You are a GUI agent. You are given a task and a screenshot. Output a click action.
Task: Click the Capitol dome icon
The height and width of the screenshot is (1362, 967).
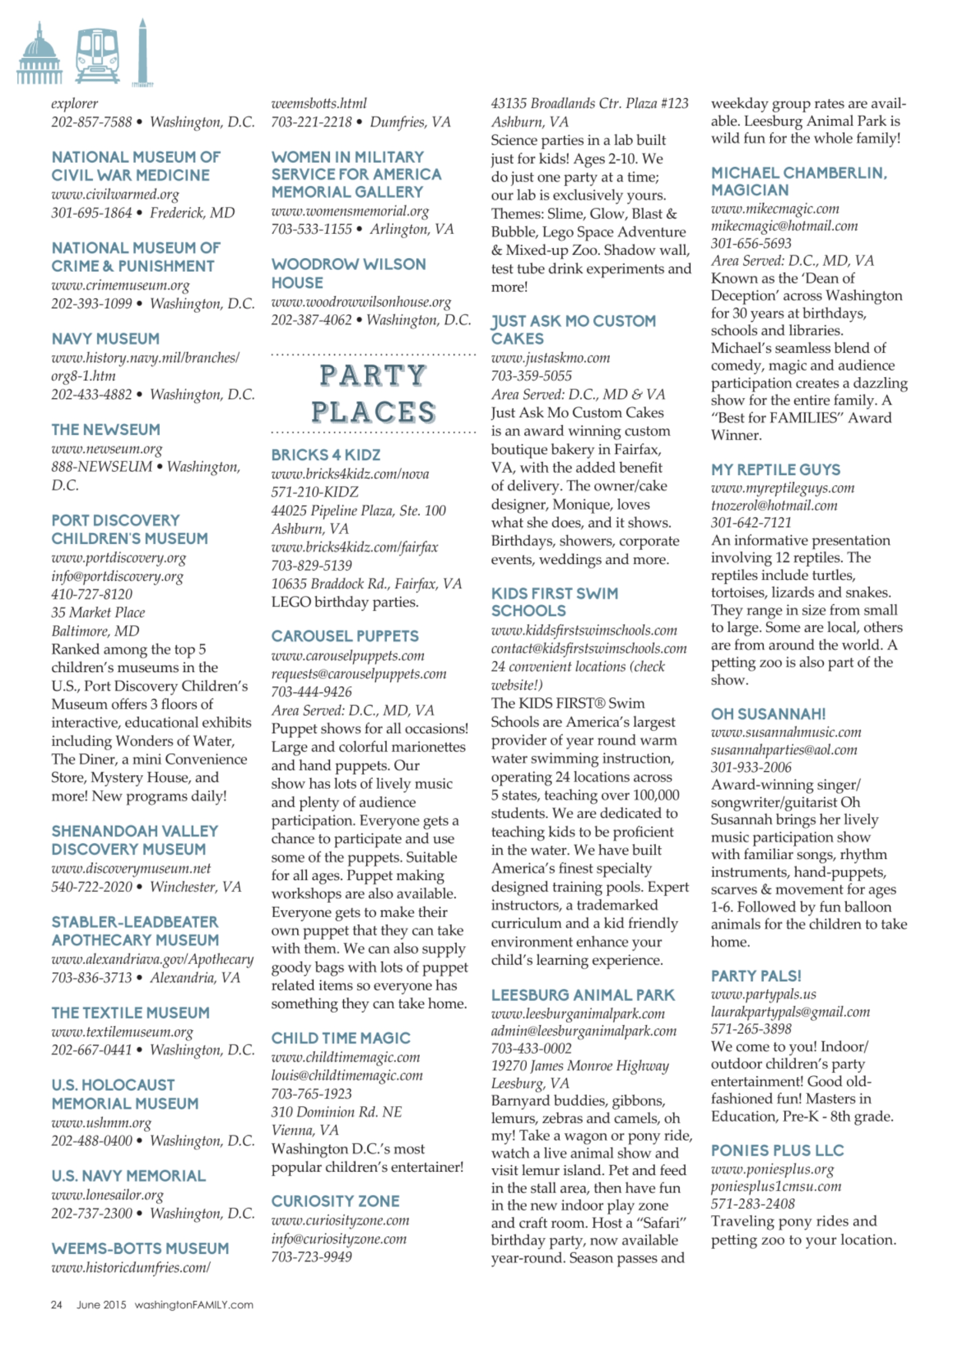pyautogui.click(x=39, y=55)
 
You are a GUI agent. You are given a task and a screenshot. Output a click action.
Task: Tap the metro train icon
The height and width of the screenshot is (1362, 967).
pyautogui.click(x=97, y=55)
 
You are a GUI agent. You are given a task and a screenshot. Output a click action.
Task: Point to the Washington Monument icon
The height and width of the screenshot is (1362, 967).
pyautogui.click(x=142, y=53)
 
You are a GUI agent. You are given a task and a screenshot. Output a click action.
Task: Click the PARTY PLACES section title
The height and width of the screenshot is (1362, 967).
pyautogui.click(x=373, y=393)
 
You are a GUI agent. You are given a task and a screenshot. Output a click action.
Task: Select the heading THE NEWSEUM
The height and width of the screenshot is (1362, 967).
pyautogui.click(x=106, y=429)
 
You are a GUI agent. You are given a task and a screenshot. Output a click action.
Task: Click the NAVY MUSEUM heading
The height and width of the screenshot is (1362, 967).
pyautogui.click(x=105, y=339)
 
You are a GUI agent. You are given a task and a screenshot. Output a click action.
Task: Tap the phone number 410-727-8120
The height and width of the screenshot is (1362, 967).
pyautogui.click(x=92, y=594)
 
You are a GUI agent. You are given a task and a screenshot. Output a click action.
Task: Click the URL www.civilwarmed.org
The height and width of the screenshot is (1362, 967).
pyautogui.click(x=115, y=194)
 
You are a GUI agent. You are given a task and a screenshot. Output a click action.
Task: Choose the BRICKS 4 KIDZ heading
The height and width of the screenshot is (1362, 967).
pyautogui.click(x=326, y=455)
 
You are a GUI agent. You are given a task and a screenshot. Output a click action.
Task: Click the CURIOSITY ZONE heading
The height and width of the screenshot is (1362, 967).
pyautogui.click(x=335, y=1201)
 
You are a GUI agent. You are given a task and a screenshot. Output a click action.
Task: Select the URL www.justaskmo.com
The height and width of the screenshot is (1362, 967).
pyautogui.click(x=550, y=358)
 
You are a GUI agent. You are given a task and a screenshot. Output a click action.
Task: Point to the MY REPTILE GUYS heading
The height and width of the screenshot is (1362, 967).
pyautogui.click(x=776, y=470)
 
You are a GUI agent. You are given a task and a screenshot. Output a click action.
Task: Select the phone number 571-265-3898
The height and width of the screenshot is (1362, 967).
pyautogui.click(x=751, y=1029)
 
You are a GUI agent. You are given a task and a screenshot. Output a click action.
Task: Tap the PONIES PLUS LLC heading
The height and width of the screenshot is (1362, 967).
pyautogui.click(x=777, y=1150)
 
